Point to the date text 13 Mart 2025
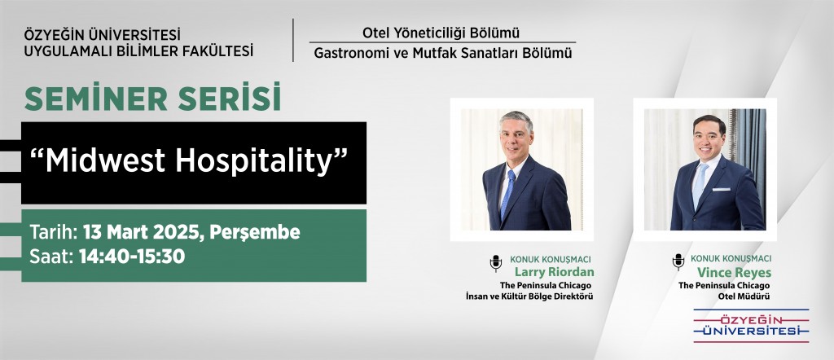[x=143, y=232]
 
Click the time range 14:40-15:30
[x=132, y=257]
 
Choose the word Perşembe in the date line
[x=255, y=233]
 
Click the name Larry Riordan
[x=555, y=272]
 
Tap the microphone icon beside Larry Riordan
[x=496, y=263]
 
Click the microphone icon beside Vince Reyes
[x=678, y=261]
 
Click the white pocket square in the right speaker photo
[x=722, y=189]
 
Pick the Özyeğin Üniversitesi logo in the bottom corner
[x=751, y=326]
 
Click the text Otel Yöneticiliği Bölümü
[x=441, y=33]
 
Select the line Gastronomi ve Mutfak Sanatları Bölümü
[x=442, y=53]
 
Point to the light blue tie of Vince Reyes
[x=700, y=185]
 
